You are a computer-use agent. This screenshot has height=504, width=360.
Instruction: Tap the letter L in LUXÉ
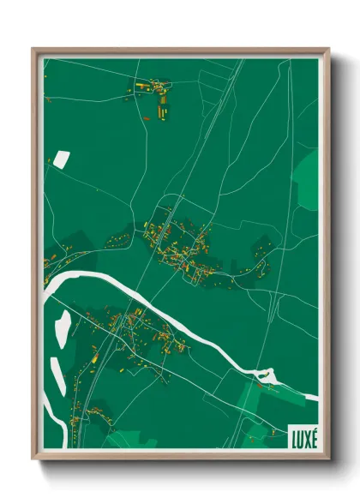(292, 436)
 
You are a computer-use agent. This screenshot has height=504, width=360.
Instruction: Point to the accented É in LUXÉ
(314, 435)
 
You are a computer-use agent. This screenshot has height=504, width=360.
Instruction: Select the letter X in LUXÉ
(307, 436)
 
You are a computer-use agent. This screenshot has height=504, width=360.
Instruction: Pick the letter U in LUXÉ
(299, 436)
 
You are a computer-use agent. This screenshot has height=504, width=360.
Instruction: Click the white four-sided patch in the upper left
(62, 158)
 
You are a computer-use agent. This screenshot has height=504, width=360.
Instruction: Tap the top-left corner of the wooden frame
(33, 49)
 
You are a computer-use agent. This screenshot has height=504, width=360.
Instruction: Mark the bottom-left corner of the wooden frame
(33, 459)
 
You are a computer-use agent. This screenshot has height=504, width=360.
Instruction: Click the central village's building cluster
(176, 244)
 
